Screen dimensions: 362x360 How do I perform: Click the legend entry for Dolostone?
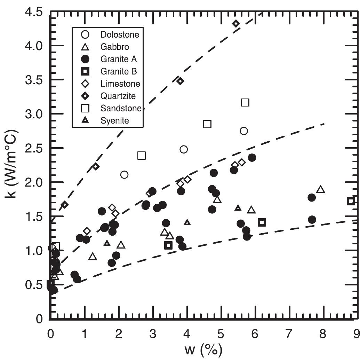[x=120, y=34]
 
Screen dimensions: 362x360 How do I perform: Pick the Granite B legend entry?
[x=119, y=72]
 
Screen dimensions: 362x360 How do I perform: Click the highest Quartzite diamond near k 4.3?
[x=236, y=24]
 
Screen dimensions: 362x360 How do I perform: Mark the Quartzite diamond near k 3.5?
[x=180, y=81]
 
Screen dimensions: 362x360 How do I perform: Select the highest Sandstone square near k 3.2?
[x=245, y=102]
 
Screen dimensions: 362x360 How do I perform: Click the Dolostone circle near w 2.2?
[x=124, y=175]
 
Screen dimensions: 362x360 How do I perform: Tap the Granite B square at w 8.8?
[x=351, y=201]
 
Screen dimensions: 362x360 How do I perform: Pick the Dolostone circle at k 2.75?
[x=244, y=131]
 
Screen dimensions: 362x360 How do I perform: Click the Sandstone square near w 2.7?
[x=142, y=156]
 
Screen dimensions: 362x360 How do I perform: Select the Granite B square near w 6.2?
[x=262, y=222]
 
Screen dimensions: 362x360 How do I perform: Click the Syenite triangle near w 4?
[x=187, y=222]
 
